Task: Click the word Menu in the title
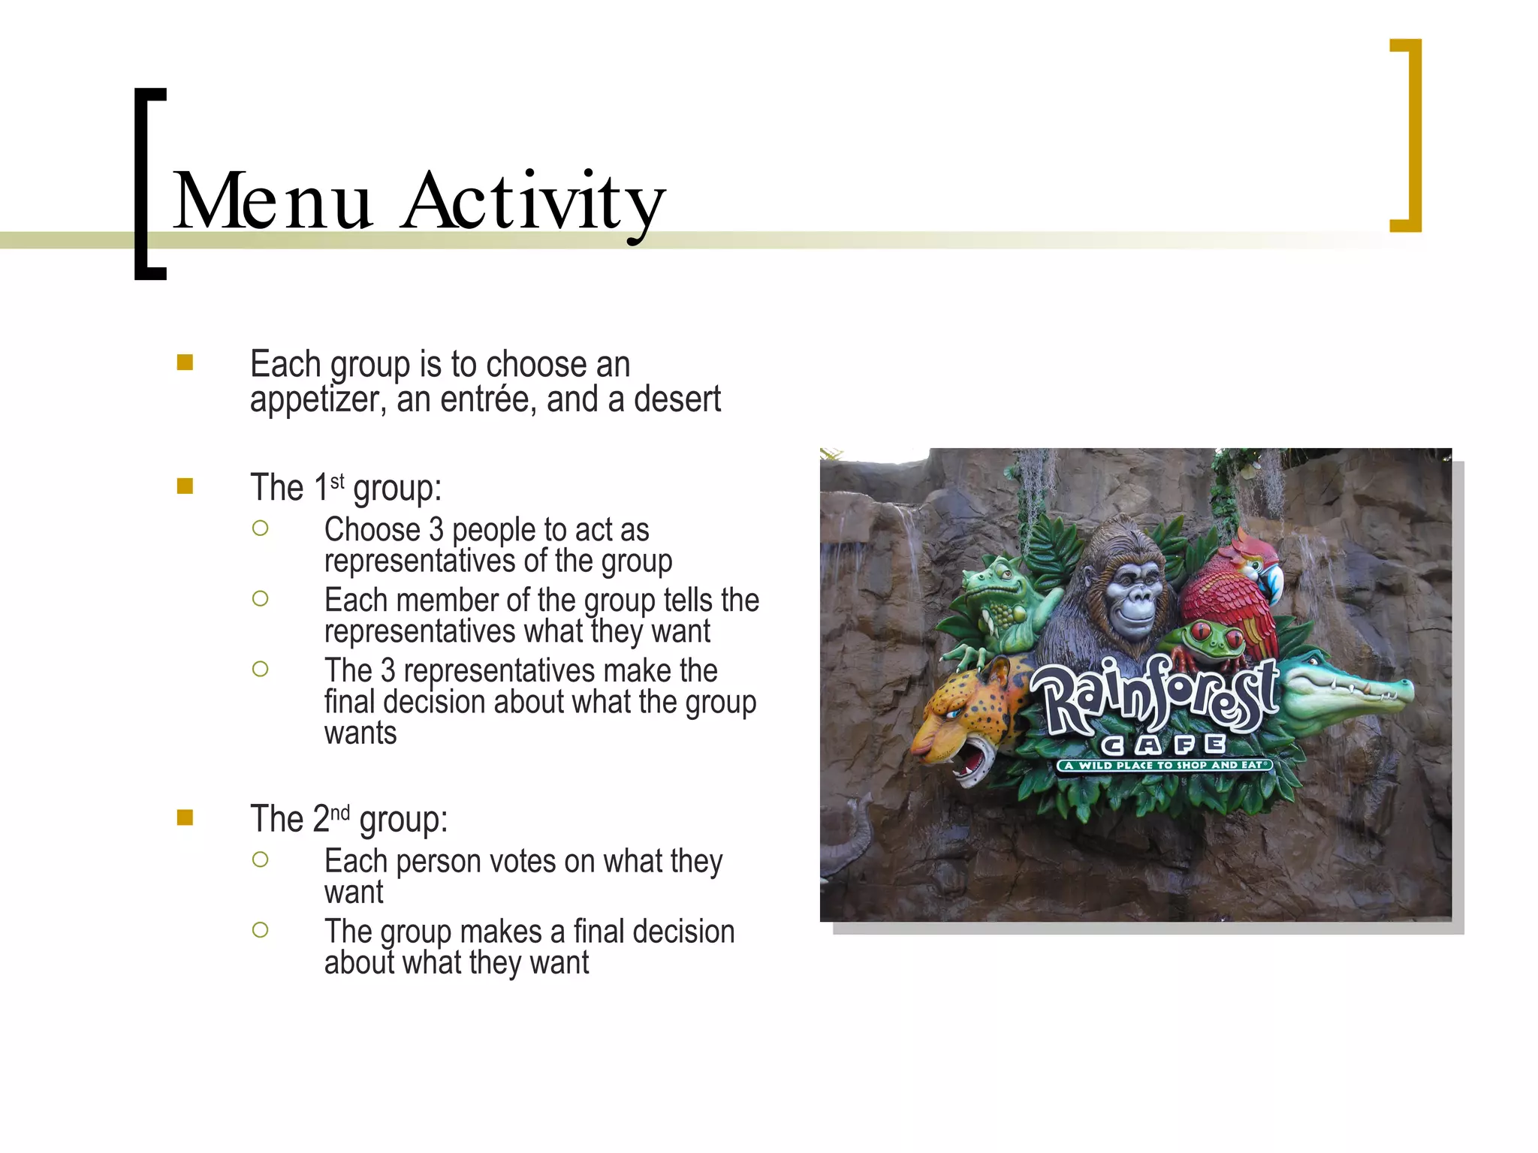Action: click(273, 201)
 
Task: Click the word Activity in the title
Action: click(534, 201)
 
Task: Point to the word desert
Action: click(677, 399)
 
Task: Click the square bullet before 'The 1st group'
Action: click(185, 486)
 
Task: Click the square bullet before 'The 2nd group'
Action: click(185, 817)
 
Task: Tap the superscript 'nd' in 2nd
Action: click(340, 813)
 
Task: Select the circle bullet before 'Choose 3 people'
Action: click(261, 528)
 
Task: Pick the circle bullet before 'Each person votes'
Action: click(261, 859)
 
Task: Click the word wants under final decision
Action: click(360, 733)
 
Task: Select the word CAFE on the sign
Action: click(1163, 744)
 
